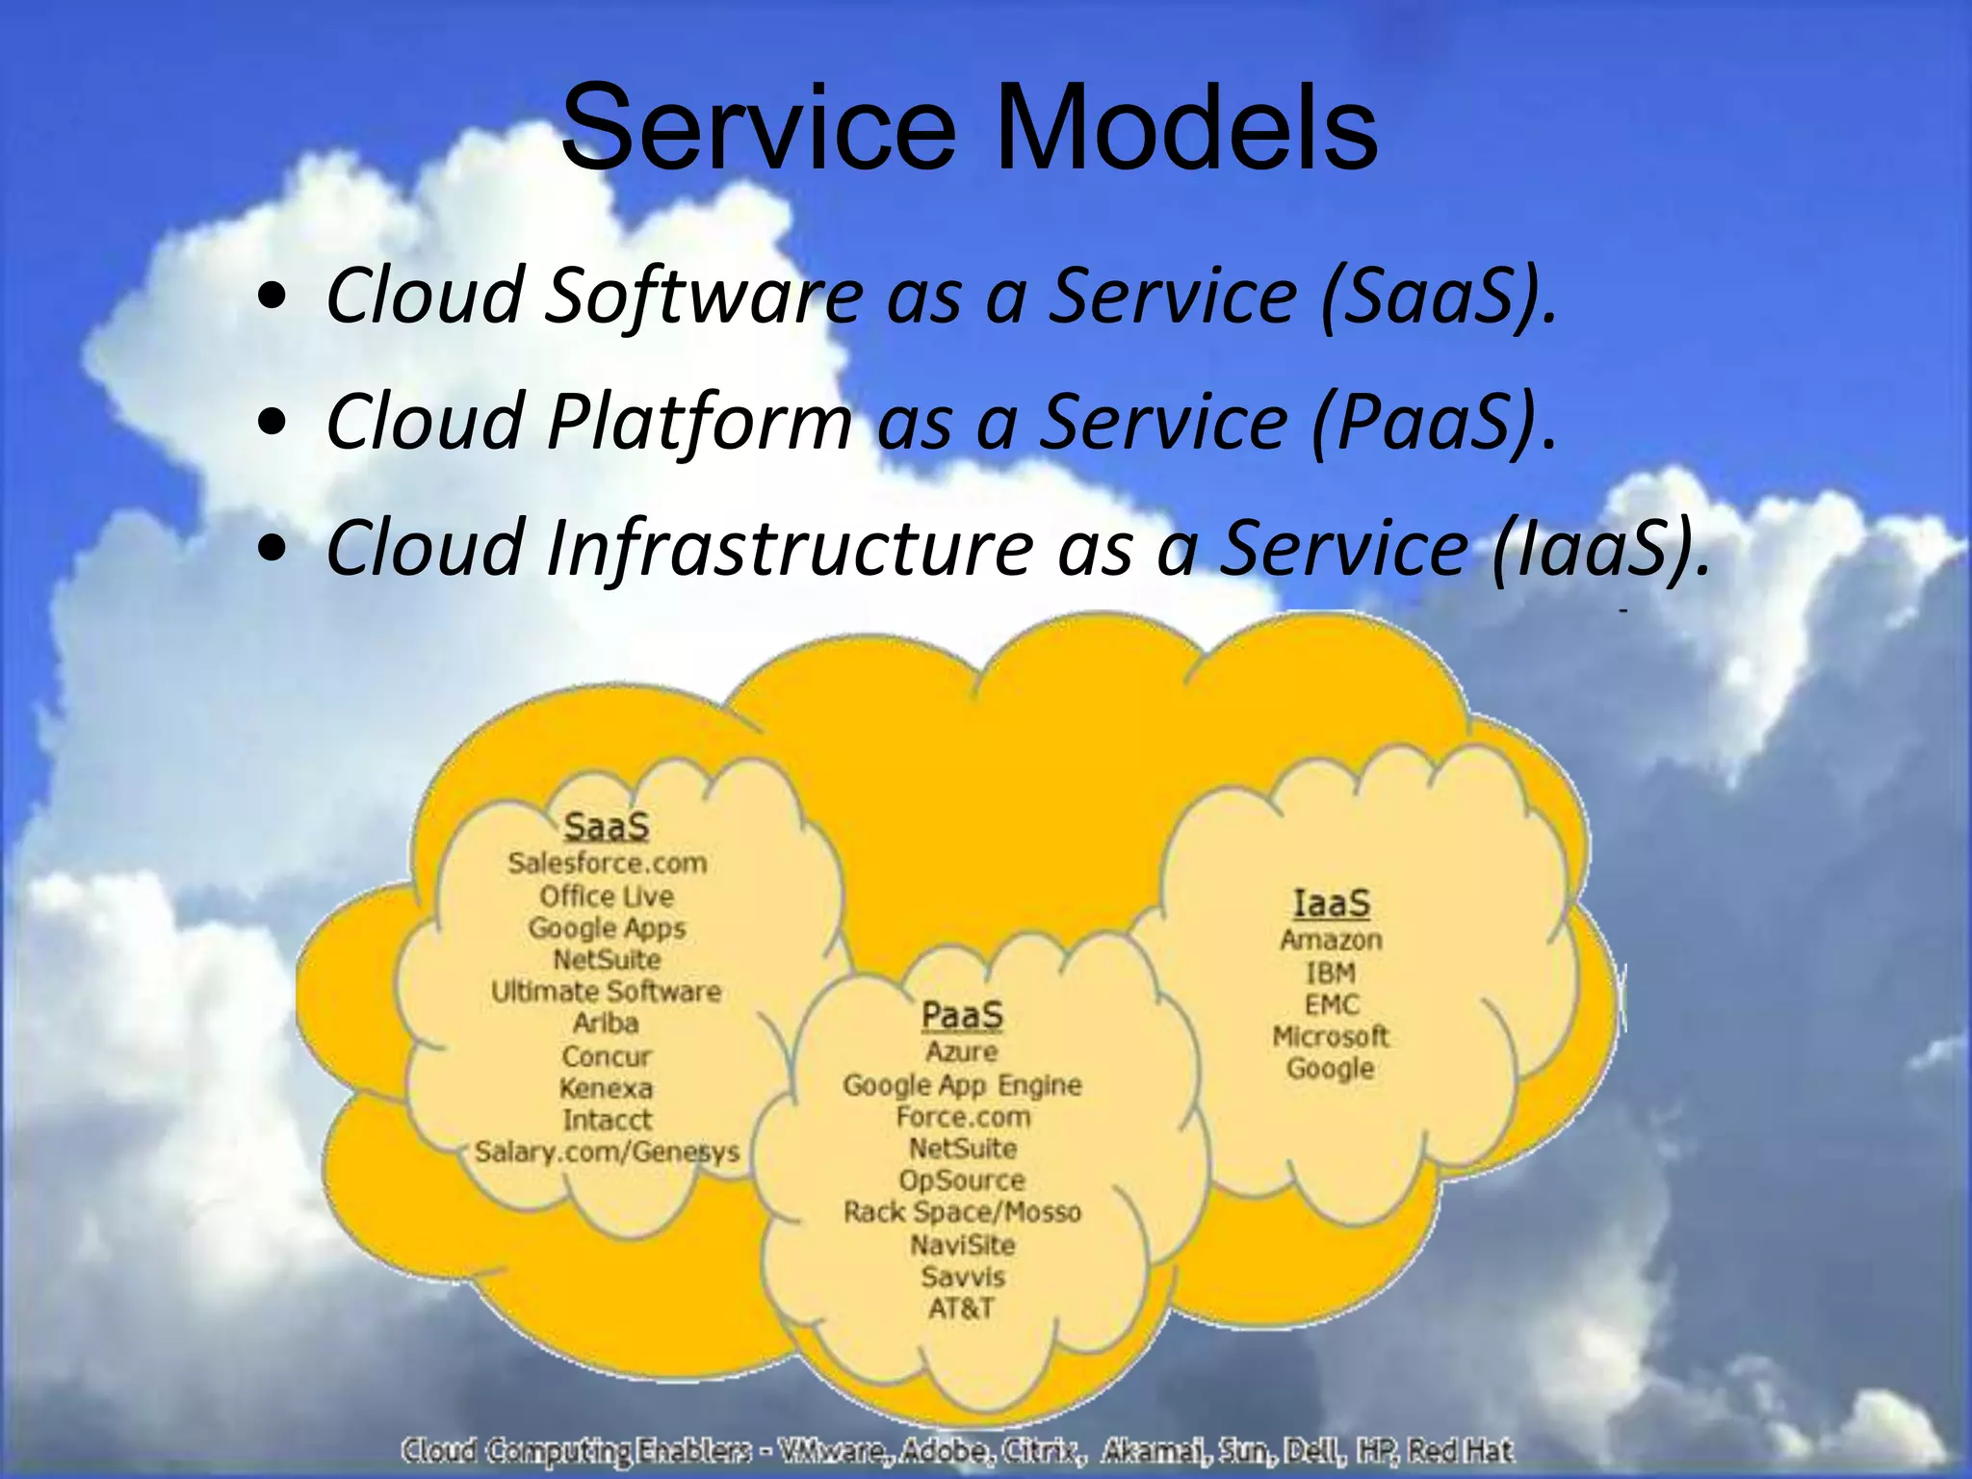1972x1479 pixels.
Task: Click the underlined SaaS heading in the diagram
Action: click(x=607, y=826)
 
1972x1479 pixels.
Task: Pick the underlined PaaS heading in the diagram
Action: click(x=962, y=1015)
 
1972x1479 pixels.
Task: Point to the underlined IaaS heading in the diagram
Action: click(x=1331, y=903)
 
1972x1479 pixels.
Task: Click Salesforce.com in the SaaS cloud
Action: click(x=607, y=863)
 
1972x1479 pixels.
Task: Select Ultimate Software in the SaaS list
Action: click(x=607, y=991)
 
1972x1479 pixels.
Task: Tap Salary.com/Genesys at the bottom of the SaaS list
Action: click(x=607, y=1152)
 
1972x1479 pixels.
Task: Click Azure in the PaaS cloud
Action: click(x=962, y=1051)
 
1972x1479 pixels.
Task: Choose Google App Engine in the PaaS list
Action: click(x=962, y=1085)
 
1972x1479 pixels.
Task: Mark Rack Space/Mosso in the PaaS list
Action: click(x=962, y=1212)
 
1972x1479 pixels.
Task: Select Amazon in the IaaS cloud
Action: click(x=1331, y=940)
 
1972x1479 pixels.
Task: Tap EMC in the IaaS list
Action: click(x=1332, y=1004)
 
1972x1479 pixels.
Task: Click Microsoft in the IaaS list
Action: click(x=1331, y=1037)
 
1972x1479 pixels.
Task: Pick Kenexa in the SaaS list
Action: click(x=607, y=1088)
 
